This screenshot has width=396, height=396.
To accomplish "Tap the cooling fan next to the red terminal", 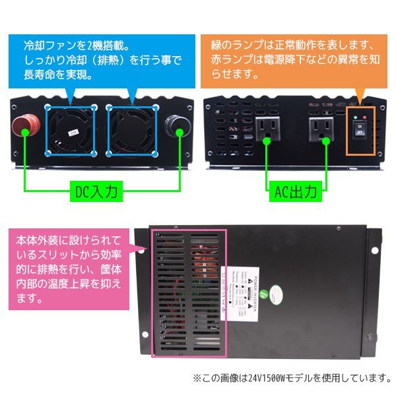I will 70,129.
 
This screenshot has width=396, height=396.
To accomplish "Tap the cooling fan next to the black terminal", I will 132,129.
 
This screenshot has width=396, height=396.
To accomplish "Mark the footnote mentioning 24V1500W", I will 291,378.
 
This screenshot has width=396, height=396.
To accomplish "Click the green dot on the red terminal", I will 24,131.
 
